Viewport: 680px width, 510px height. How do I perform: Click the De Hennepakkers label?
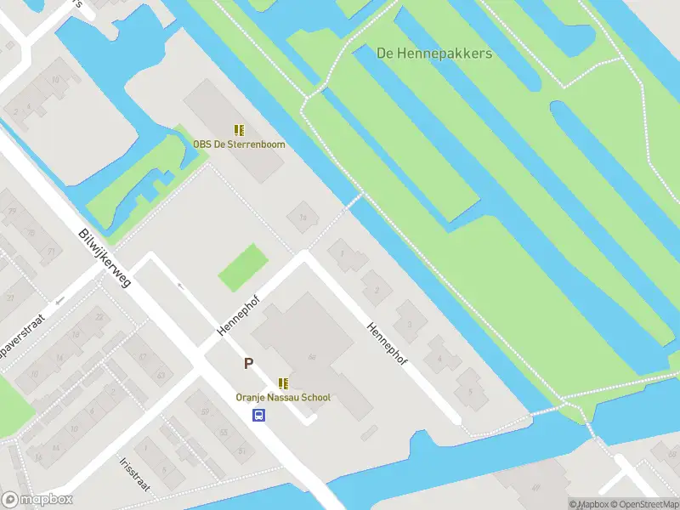click(434, 53)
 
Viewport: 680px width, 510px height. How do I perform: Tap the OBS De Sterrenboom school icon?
click(239, 130)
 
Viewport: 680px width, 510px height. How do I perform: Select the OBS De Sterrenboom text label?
click(239, 144)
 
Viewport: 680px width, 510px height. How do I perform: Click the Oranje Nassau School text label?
click(283, 397)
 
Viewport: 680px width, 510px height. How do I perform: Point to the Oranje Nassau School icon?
click(283, 383)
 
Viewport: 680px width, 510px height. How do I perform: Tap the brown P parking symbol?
click(248, 364)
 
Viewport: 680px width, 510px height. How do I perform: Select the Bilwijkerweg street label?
click(105, 257)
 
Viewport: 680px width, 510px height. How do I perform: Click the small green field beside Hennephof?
click(243, 268)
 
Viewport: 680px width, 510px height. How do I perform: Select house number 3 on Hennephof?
click(410, 324)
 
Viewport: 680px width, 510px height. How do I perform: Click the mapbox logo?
click(37, 499)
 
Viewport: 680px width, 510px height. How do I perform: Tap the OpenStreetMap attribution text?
click(641, 504)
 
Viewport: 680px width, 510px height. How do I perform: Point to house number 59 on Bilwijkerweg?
click(204, 412)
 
